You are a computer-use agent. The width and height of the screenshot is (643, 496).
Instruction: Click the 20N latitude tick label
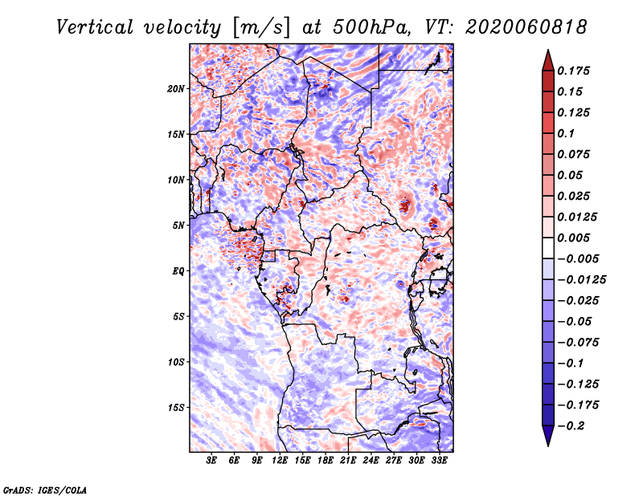[x=176, y=89]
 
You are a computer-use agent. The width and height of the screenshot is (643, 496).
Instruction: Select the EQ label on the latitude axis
[x=178, y=271]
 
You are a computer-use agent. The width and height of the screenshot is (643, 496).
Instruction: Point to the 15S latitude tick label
[x=176, y=408]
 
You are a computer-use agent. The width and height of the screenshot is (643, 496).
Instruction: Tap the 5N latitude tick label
[x=178, y=226]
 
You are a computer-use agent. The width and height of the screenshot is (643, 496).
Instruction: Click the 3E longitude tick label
[x=211, y=461]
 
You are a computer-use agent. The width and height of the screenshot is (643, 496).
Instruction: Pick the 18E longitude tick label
[x=326, y=461]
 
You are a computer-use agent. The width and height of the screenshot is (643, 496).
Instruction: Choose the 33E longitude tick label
[x=439, y=461]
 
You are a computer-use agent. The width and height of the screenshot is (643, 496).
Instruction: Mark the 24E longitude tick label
[x=371, y=461]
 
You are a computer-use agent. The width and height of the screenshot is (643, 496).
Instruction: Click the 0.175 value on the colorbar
[x=573, y=71]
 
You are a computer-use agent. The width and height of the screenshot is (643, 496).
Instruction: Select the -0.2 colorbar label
[x=571, y=426]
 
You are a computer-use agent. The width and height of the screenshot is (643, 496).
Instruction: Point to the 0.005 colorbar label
[x=573, y=238]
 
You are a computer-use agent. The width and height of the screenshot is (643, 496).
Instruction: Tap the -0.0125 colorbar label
[x=581, y=280]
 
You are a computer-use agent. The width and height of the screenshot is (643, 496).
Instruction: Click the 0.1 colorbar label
[x=566, y=133]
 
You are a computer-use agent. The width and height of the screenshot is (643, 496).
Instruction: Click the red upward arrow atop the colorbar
[x=548, y=60]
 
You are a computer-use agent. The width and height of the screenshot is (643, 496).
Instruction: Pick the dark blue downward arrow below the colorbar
[x=548, y=436]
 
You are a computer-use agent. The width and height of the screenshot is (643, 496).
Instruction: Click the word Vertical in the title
[x=95, y=27]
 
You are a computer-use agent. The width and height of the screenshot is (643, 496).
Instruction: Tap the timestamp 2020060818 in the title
[x=526, y=27]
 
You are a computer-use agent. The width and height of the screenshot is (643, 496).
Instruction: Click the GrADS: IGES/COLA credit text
[x=45, y=490]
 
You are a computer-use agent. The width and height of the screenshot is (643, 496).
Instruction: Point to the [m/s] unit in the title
[x=261, y=27]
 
